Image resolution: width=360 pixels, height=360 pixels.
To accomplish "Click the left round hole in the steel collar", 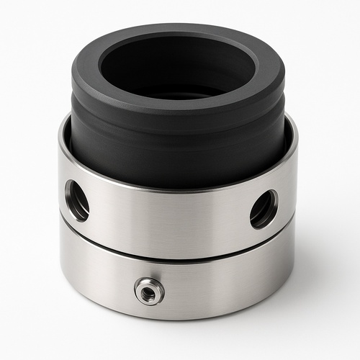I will click(76, 199).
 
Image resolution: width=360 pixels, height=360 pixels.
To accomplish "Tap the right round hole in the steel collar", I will click(264, 208).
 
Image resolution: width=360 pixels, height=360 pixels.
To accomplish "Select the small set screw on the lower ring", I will click(149, 290).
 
